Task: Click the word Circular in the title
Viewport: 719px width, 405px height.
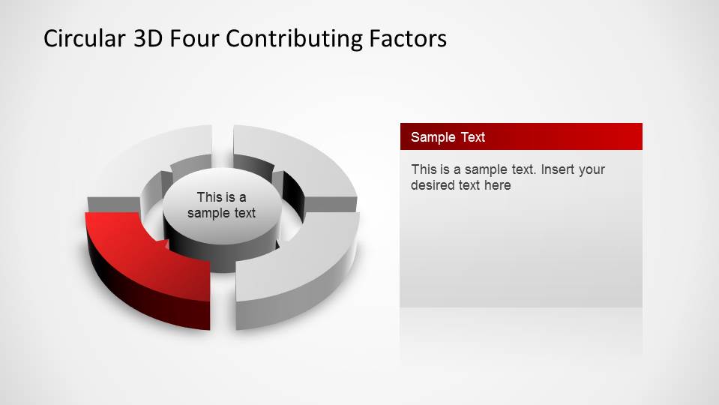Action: click(x=84, y=38)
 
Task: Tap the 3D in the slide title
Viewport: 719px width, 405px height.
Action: click(x=148, y=38)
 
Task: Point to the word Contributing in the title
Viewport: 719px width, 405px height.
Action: click(x=293, y=39)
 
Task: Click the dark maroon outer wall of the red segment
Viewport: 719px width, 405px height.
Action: click(x=142, y=293)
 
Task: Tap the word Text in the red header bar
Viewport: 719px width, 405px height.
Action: click(x=473, y=137)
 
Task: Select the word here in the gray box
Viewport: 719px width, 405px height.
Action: click(x=498, y=185)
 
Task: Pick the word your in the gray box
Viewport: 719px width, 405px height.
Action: click(x=592, y=170)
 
